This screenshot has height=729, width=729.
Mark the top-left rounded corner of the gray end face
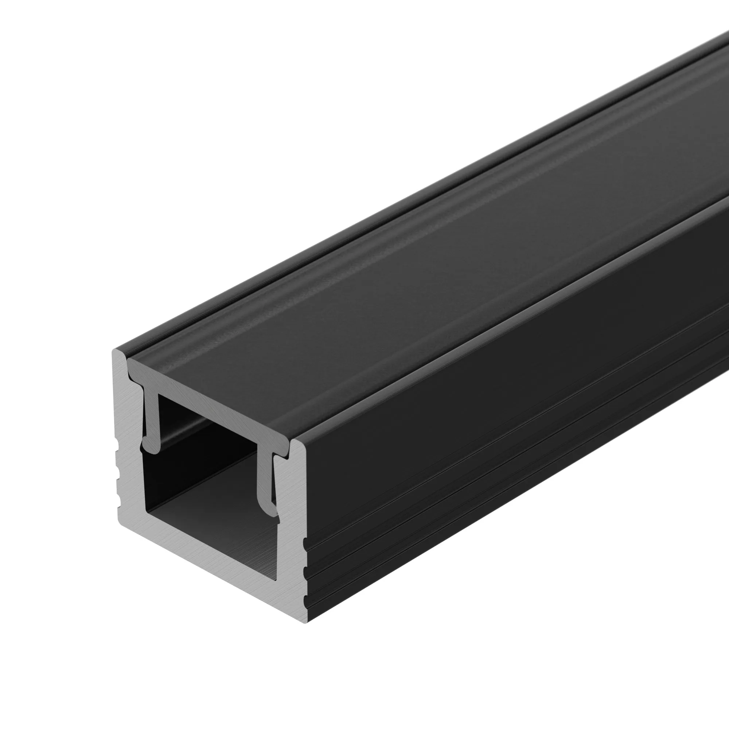tap(116, 353)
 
